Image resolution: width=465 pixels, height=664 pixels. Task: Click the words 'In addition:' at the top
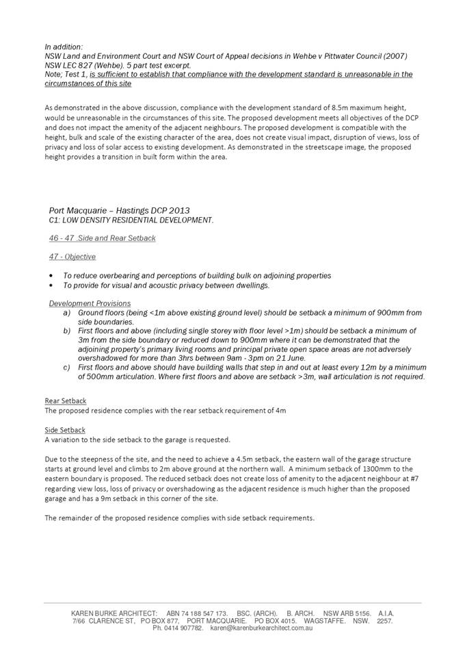[64, 47]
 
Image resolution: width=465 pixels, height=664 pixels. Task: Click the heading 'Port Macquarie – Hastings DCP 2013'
[119, 210]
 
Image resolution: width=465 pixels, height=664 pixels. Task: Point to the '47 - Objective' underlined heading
[72, 257]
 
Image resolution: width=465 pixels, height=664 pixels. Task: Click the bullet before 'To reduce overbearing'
[52, 276]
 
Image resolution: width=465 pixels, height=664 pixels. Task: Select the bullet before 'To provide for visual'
[52, 285]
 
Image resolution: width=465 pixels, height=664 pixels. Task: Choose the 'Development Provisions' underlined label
[89, 303]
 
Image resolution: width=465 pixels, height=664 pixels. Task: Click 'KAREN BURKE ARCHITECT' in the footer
[114, 613]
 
